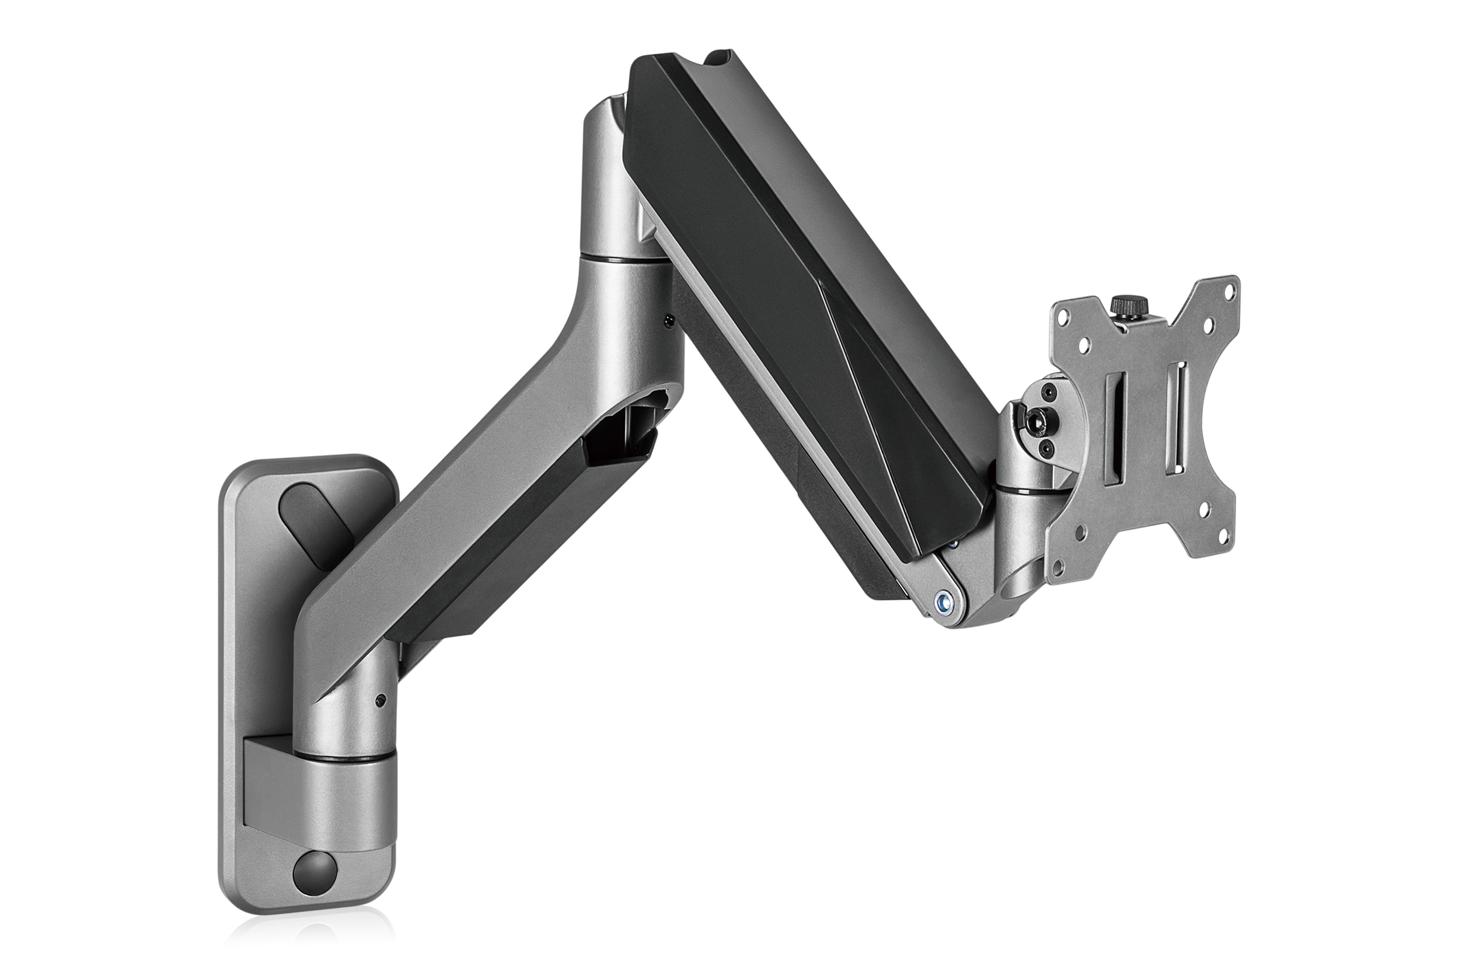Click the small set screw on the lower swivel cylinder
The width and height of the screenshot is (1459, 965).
click(383, 700)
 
